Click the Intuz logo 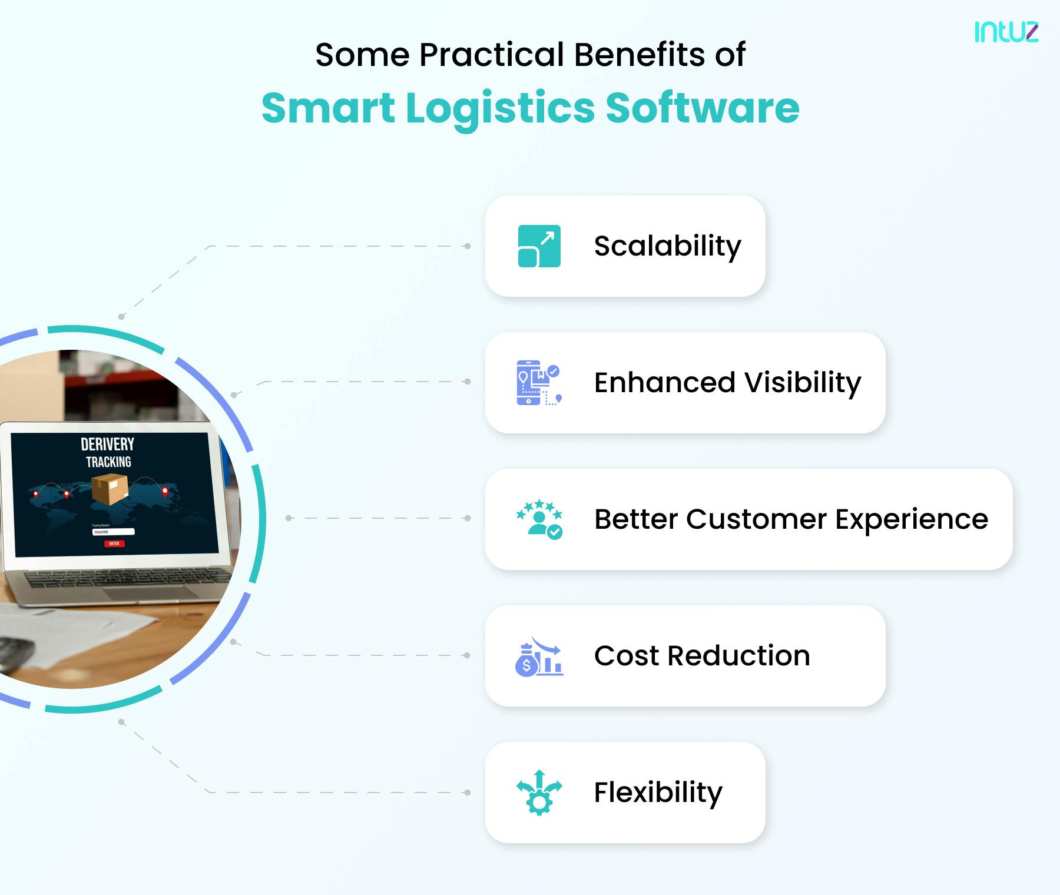coord(1006,32)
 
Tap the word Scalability coord(667,246)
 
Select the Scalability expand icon coord(539,246)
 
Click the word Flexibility coord(658,793)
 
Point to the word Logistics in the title coord(501,109)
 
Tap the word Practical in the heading coord(492,55)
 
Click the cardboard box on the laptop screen coord(110,490)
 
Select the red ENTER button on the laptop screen coord(114,543)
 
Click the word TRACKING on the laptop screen coord(108,462)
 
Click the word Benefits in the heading coord(639,55)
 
